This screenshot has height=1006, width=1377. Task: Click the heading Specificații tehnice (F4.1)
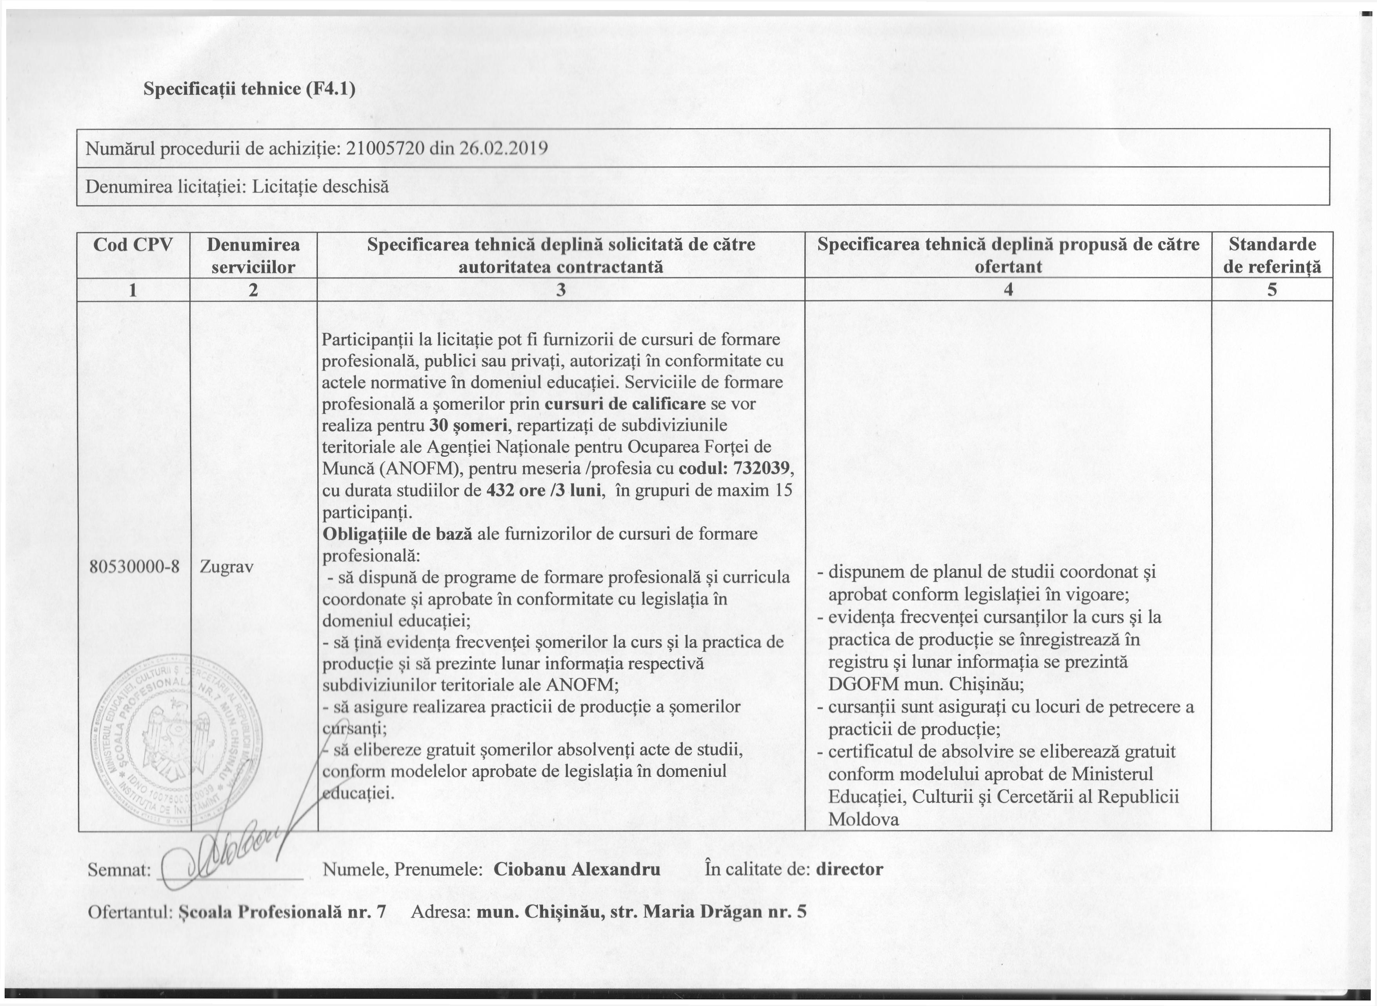tap(249, 89)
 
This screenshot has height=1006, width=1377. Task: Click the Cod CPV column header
tap(133, 245)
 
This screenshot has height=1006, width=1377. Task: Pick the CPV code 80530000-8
tap(134, 566)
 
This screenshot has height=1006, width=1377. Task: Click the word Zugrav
tap(227, 566)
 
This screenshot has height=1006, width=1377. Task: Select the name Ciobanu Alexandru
tap(577, 869)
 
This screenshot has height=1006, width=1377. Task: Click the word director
tap(849, 869)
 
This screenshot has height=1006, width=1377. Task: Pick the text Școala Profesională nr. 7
tap(283, 911)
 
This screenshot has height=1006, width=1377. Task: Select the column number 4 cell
tap(1008, 290)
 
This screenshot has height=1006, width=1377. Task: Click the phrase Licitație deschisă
tap(320, 186)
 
